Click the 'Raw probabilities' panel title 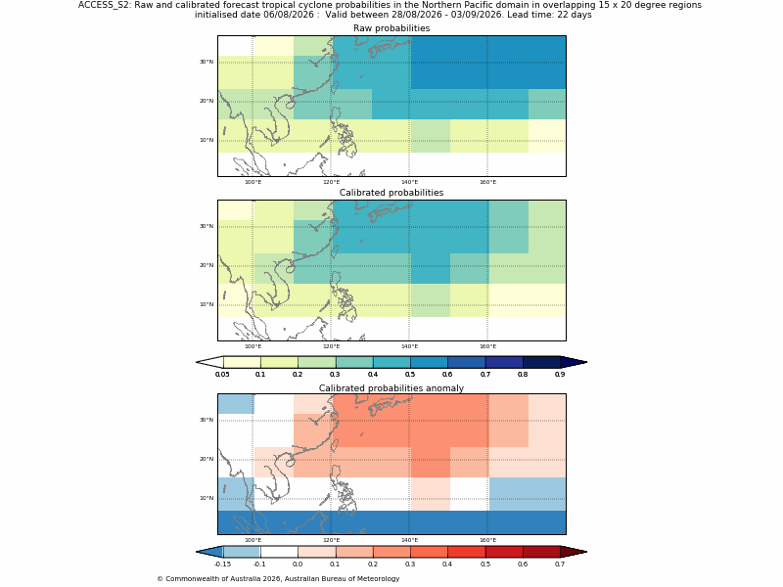click(391, 28)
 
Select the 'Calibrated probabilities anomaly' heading click(391, 388)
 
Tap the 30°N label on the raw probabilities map click(207, 62)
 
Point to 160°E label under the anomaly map click(487, 540)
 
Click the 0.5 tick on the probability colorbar click(410, 375)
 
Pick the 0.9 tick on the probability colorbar click(560, 375)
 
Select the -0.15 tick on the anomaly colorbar click(222, 564)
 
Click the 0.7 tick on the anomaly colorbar click(560, 564)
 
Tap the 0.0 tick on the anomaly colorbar click(298, 564)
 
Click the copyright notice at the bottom click(278, 579)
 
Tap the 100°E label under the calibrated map click(253, 346)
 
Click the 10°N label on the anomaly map click(207, 498)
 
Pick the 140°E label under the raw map click(409, 182)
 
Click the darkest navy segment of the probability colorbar click(541, 362)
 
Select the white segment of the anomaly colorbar click(279, 552)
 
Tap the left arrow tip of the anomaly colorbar click(197, 552)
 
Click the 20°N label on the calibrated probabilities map click(207, 265)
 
